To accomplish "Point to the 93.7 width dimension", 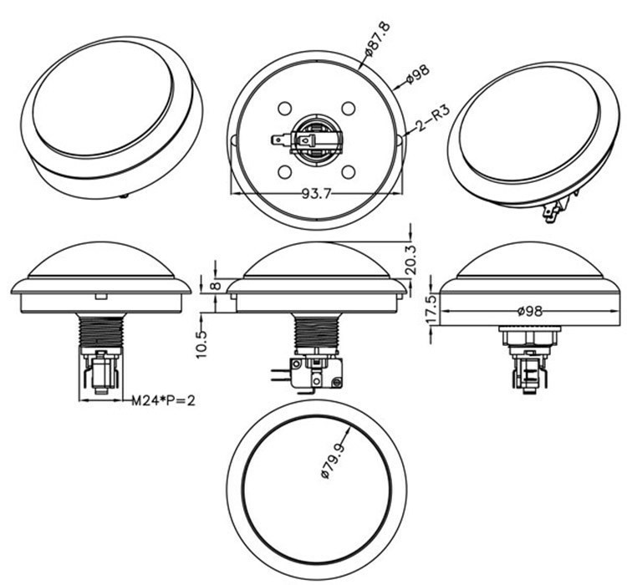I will point(317,193).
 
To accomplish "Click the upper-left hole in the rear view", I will point(284,109).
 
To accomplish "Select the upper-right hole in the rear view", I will point(349,109).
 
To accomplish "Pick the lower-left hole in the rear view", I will point(284,171).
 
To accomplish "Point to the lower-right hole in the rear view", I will point(349,171).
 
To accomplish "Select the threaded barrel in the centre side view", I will point(317,331).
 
